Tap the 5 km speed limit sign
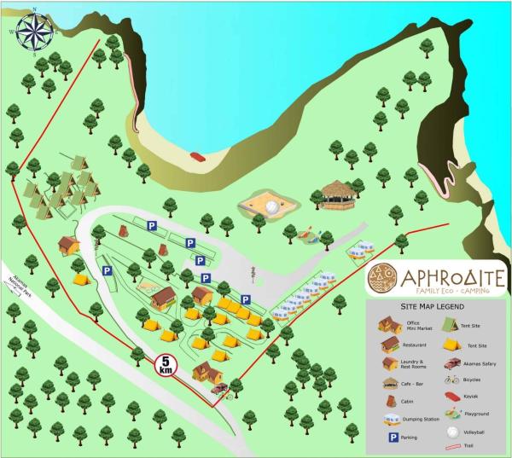(x=166, y=366)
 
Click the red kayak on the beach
(x=199, y=156)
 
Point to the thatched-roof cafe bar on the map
(x=339, y=195)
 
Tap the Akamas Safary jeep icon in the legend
(x=451, y=363)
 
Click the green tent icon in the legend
(x=451, y=325)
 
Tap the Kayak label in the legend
(x=472, y=397)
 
